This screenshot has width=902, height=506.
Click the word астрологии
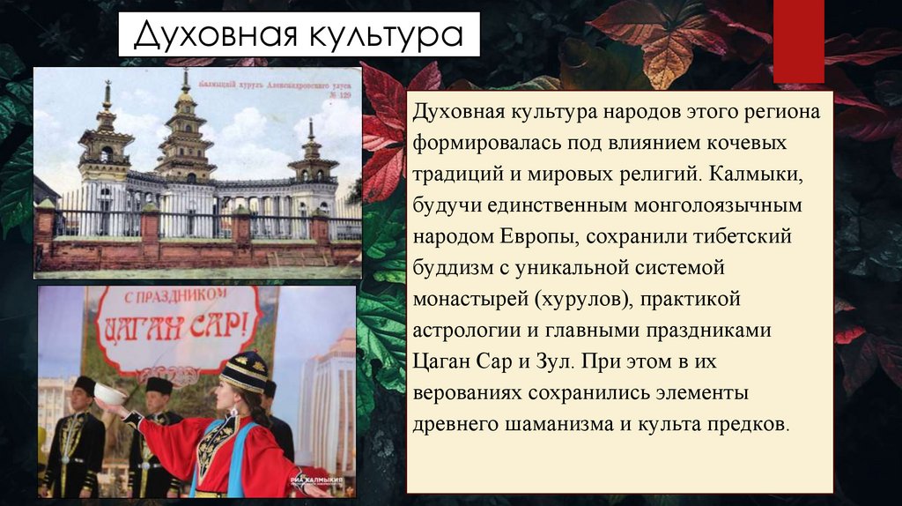[x=466, y=331]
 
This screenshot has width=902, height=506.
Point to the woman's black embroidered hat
[x=244, y=370]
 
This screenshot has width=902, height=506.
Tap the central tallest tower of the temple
[x=185, y=132]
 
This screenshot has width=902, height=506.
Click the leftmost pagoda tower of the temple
[x=107, y=141]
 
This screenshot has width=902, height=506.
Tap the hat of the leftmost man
[x=85, y=385]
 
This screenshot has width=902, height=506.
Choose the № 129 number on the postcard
[x=335, y=92]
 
